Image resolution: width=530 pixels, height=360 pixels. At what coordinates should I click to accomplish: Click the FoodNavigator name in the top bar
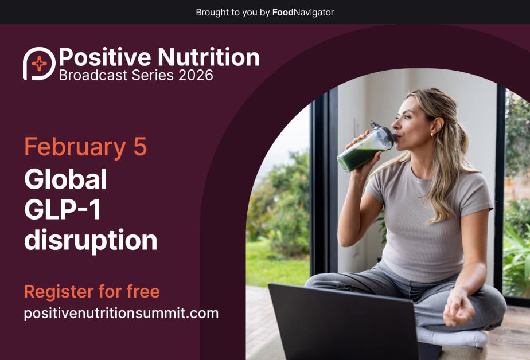tap(303, 12)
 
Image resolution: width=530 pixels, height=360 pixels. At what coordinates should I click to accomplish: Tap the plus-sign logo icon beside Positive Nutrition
tap(39, 64)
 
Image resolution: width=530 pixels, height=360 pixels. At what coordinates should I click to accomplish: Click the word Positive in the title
tap(104, 57)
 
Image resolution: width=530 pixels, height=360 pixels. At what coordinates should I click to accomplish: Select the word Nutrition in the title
tap(208, 57)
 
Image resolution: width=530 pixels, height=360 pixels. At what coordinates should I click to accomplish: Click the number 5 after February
tap(140, 147)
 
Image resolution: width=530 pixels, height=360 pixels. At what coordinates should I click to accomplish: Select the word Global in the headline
tap(65, 180)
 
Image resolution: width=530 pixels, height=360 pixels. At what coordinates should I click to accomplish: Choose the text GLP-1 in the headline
tap(63, 210)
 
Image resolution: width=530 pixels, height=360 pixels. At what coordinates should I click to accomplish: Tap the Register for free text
tap(92, 292)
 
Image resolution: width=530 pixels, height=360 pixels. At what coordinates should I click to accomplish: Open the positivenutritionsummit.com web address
tap(121, 314)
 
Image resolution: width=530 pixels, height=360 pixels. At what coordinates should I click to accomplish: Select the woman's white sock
tap(453, 338)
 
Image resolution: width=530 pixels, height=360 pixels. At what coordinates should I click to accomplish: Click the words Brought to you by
tap(232, 12)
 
